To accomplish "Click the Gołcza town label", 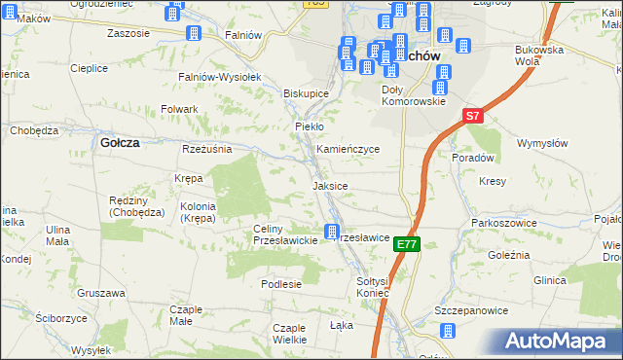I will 120,142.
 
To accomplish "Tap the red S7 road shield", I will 472,116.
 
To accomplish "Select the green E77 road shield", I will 408,246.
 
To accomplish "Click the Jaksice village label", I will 330,185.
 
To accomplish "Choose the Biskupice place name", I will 306,93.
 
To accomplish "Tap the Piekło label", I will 309,126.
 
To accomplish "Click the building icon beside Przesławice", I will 332,233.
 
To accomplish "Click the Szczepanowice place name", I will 474,308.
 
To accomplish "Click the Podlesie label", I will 281,284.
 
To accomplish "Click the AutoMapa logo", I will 558,341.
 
